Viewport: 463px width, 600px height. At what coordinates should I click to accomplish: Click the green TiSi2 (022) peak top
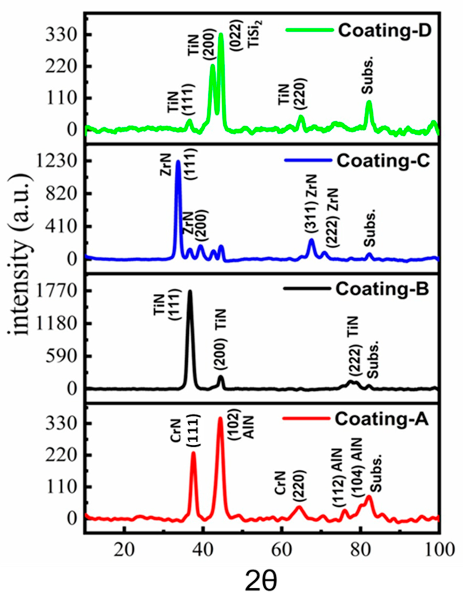pos(221,34)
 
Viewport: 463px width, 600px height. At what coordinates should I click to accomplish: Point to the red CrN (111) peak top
pos(194,452)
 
